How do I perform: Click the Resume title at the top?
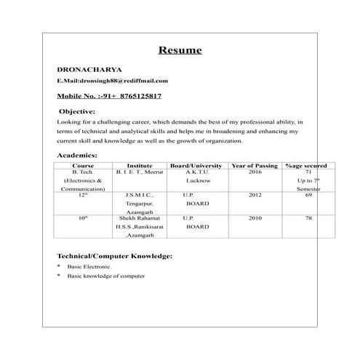click(180, 51)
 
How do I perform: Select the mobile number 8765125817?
click(135, 96)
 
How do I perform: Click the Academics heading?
click(76, 156)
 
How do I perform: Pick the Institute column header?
click(139, 166)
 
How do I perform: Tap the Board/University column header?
click(196, 166)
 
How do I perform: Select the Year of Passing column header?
click(255, 166)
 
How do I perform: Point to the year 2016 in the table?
click(255, 172)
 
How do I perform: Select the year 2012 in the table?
click(255, 195)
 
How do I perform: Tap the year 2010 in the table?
click(255, 217)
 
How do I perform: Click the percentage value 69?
click(308, 195)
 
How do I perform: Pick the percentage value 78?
click(308, 217)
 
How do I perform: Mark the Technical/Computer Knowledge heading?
click(114, 257)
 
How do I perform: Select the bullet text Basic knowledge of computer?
click(105, 276)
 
